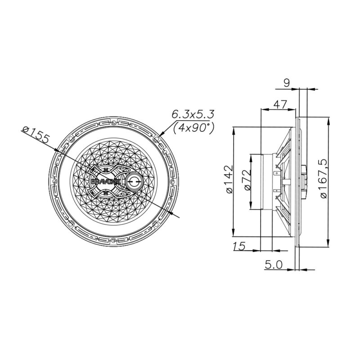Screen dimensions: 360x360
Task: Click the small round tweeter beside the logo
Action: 135,182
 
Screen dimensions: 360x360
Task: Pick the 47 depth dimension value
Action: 280,104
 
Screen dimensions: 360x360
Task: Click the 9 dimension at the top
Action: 287,82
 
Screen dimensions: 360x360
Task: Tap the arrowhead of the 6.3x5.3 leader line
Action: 161,134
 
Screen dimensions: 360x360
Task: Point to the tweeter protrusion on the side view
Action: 305,182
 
